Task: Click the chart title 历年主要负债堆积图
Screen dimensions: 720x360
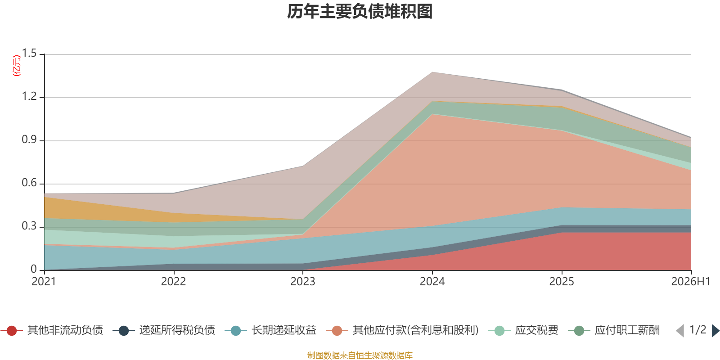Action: (360, 12)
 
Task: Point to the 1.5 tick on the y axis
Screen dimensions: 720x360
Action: (29, 54)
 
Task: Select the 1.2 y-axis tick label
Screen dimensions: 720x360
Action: (29, 96)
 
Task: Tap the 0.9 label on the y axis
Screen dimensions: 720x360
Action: (29, 140)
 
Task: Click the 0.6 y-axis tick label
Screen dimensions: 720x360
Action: (29, 183)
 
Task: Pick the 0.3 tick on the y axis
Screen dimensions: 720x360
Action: (29, 226)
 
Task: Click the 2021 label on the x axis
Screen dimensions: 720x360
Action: (44, 282)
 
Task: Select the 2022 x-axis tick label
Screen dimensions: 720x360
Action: (173, 282)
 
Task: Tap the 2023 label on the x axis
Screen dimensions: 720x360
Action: (303, 282)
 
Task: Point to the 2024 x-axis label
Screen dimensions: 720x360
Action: (432, 282)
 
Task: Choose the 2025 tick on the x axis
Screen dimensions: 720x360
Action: (562, 282)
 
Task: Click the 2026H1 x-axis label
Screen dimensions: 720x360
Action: (690, 282)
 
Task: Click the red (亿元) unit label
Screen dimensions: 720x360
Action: (16, 66)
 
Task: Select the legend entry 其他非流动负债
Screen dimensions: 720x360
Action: (52, 330)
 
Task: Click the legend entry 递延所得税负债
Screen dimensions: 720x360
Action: (164, 330)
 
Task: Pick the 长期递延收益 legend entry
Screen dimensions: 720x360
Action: (270, 330)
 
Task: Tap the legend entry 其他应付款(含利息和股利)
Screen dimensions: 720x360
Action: (402, 330)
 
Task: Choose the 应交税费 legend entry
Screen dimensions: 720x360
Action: (523, 330)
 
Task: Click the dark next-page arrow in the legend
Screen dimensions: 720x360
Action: (715, 330)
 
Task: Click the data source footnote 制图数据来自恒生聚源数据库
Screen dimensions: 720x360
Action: (360, 355)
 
